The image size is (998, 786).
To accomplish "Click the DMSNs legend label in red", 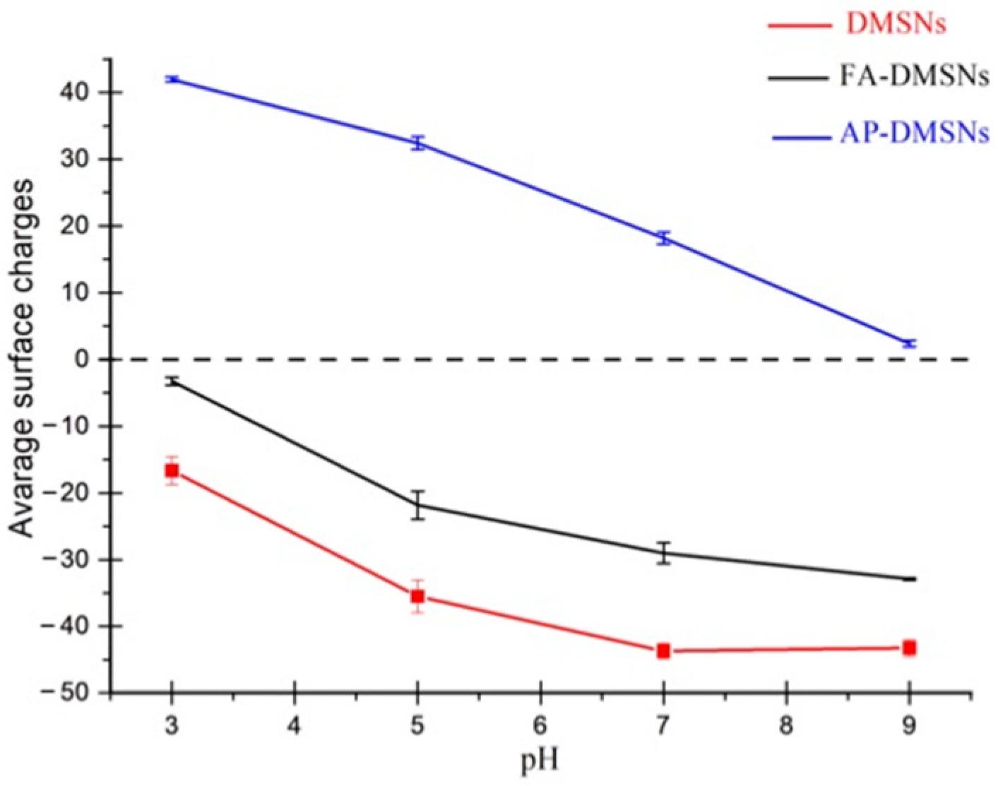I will (x=896, y=25).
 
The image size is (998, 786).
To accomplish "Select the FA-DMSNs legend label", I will (x=914, y=75).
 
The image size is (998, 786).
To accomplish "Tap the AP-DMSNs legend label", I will (x=914, y=133).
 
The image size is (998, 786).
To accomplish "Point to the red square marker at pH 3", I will (x=172, y=470).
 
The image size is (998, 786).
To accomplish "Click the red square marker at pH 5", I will (x=417, y=596).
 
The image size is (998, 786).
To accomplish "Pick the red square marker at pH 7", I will (x=663, y=650).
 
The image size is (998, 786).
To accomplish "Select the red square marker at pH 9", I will (x=909, y=648).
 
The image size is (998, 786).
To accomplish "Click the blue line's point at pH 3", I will (x=172, y=79).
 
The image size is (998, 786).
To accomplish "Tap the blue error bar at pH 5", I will (x=418, y=143).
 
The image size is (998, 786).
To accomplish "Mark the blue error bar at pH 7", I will (x=663, y=238).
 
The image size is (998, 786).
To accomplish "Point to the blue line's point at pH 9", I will (x=909, y=343).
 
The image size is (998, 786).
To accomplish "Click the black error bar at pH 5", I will (x=418, y=505).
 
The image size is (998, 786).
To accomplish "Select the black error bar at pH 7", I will (x=663, y=552).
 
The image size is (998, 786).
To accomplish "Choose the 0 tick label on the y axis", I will (x=90, y=359).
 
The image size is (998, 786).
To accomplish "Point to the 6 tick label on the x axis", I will (x=540, y=726).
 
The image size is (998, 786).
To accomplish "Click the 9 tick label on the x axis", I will (x=909, y=726).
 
